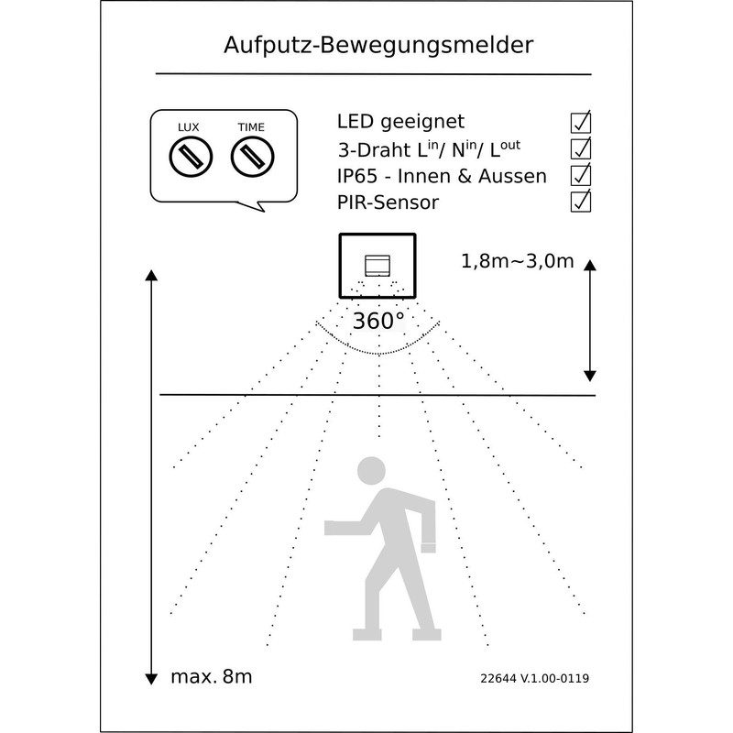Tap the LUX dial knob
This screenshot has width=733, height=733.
[x=191, y=158]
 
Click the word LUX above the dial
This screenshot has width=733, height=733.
[x=190, y=126]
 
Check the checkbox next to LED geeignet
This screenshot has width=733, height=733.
[x=580, y=122]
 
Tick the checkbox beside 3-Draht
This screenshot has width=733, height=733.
[x=580, y=148]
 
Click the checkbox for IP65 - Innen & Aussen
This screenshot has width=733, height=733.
[x=580, y=174]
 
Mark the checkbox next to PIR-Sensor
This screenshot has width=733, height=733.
[x=580, y=201]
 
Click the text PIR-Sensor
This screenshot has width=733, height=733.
[x=387, y=201]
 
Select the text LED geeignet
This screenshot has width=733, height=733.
[x=401, y=122]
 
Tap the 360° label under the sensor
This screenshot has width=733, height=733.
[x=378, y=321]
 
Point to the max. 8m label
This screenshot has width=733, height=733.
[x=211, y=678]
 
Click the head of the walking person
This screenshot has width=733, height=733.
[x=371, y=469]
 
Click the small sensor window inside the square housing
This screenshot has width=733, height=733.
[x=377, y=266]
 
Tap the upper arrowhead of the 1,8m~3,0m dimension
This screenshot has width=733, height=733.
[x=590, y=266]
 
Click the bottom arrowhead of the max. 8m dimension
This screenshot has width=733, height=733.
[x=150, y=678]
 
